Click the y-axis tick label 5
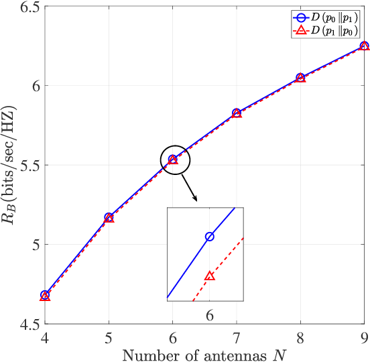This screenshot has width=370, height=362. (x=34, y=245)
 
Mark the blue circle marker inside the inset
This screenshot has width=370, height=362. (x=210, y=237)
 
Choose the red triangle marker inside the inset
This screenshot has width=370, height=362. (x=210, y=276)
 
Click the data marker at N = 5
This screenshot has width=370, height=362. (x=109, y=217)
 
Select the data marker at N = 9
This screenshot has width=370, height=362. (x=364, y=46)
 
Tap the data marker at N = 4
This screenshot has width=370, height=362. (x=45, y=295)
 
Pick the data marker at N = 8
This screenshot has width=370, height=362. (x=300, y=78)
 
